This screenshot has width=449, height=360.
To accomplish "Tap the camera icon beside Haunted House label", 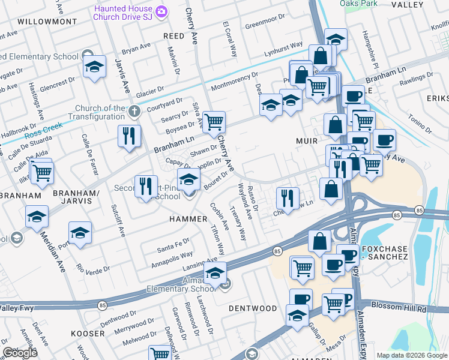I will coord(161,11).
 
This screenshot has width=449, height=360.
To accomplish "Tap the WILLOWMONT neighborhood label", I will coord(47,21).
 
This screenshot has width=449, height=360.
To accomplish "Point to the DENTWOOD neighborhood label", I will coord(253,308).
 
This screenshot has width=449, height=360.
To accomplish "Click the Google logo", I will coord(20,353).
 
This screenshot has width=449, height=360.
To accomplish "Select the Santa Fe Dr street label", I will coord(173,246).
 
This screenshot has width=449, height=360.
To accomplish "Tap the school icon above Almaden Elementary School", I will coord(214,273).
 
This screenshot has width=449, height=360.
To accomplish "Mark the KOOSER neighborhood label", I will coord(87,332).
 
